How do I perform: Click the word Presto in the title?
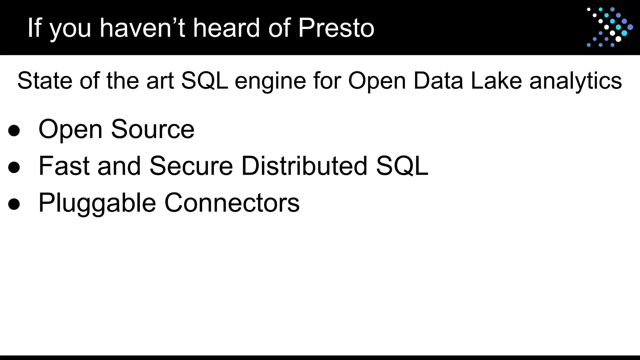click(x=336, y=28)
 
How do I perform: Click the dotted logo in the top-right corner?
click(x=609, y=27)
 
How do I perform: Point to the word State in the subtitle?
click(x=45, y=81)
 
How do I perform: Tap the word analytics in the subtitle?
click(x=576, y=81)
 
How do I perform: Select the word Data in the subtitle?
click(x=438, y=81)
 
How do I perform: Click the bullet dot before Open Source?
click(x=14, y=131)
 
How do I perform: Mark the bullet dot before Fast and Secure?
click(x=14, y=167)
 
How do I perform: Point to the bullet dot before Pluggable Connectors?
click(x=14, y=204)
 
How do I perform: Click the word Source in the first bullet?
click(x=153, y=129)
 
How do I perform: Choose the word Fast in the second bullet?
click(x=64, y=166)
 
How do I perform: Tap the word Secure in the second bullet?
click(x=191, y=166)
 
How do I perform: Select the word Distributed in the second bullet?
click(x=304, y=166)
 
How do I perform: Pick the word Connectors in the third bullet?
click(x=232, y=202)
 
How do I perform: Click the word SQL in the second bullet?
click(x=402, y=166)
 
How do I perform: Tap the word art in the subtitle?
click(x=160, y=81)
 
